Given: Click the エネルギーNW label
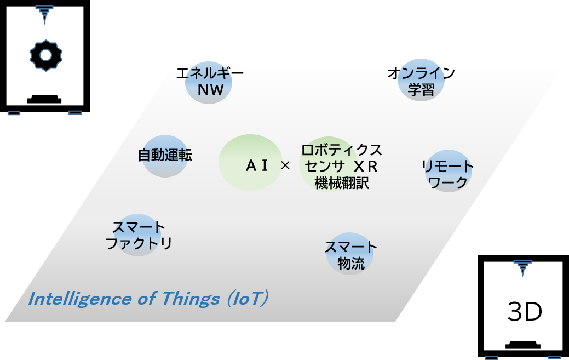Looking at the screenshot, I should (209, 82).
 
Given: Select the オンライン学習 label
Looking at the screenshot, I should (421, 81).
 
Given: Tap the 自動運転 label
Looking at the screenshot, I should (165, 155).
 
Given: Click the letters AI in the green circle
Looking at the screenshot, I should (256, 165).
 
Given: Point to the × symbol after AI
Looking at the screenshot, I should (285, 165).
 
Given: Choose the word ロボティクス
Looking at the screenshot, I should (342, 150).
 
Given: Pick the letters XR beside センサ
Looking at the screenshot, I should (365, 167).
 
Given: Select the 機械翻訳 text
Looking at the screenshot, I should (342, 183).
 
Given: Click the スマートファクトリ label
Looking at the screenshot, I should (139, 235).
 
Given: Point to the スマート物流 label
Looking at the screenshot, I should (350, 255).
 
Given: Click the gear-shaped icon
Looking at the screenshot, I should (46, 55).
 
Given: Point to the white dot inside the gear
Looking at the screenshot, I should (46, 55).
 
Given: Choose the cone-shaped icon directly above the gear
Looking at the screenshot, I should (44, 14).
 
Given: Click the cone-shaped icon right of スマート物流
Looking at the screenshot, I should (523, 267).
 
